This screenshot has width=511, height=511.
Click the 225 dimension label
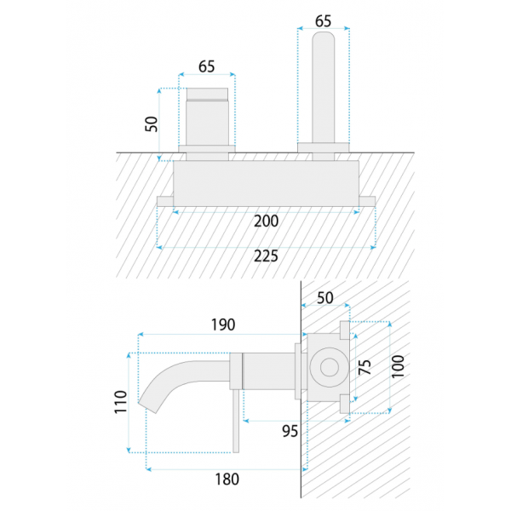[x=266, y=255]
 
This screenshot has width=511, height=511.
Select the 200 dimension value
[x=266, y=221]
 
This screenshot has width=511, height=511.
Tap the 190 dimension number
[x=223, y=324]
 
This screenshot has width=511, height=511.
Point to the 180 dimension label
[x=227, y=479]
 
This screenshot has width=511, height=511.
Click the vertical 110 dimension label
[x=120, y=402]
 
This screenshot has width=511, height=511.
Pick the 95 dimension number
[x=290, y=431]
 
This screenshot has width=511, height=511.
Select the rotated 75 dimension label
[x=365, y=367]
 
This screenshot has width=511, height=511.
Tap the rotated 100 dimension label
[x=398, y=366]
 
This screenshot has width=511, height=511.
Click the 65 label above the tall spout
[x=323, y=21]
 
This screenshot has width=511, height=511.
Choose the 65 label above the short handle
[x=207, y=66]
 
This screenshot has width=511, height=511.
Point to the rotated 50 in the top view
[x=152, y=123]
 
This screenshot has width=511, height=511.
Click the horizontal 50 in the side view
[x=325, y=298]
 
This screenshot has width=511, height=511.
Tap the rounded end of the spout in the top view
[x=324, y=37]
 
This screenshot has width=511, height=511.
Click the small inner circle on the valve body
[x=329, y=367]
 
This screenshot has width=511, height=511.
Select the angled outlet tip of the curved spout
[x=147, y=406]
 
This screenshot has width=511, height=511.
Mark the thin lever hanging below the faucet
[x=236, y=421]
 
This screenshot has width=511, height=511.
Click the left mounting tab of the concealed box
[x=165, y=201]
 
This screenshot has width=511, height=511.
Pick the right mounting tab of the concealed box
[x=367, y=201]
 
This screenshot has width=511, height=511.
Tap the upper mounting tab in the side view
[x=345, y=330]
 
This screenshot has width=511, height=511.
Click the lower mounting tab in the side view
[x=345, y=404]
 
